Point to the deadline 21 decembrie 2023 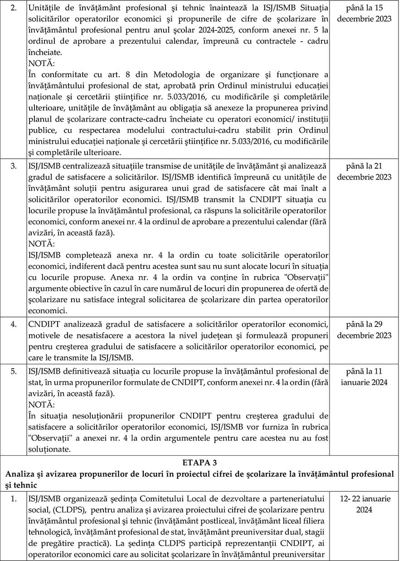point(368,171)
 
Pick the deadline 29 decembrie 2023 point(368,330)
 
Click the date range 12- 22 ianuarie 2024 point(368,504)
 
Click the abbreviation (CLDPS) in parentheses point(69,509)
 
